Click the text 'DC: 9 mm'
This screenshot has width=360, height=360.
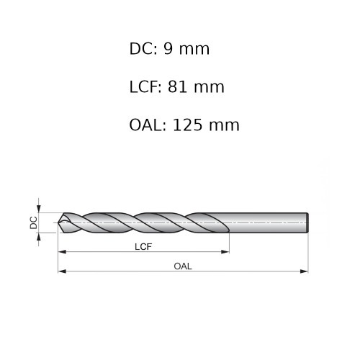tap(169, 49)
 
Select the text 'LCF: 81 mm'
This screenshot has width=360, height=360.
tap(176, 87)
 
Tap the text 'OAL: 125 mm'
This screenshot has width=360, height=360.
tap(184, 125)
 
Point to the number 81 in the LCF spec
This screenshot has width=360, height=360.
tap(177, 87)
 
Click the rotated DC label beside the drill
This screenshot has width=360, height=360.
tap(33, 222)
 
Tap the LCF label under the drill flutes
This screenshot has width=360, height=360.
tap(144, 246)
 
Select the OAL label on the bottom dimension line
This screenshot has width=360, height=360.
tap(183, 266)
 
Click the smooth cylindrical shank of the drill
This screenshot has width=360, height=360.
tap(266, 222)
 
